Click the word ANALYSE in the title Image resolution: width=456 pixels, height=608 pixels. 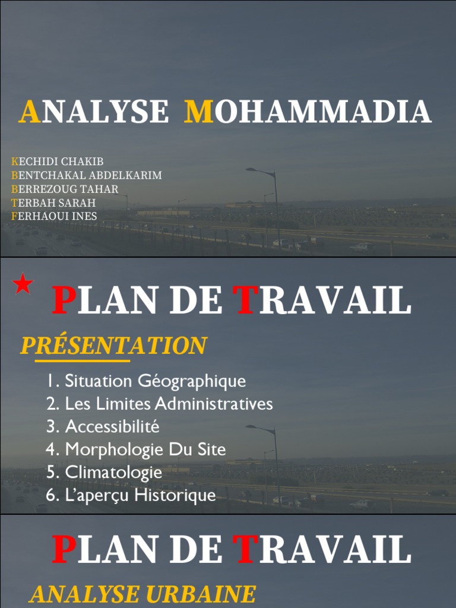(x=94, y=112)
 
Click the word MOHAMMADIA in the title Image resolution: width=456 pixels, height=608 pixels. (x=308, y=112)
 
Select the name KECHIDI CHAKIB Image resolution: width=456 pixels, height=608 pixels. (x=57, y=161)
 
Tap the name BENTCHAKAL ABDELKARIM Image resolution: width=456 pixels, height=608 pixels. (x=86, y=175)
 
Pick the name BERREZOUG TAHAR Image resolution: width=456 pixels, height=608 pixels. (x=65, y=189)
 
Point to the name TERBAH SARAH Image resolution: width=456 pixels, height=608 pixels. (x=53, y=202)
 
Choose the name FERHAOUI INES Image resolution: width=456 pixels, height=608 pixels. (x=53, y=216)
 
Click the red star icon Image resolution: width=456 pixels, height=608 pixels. (x=23, y=284)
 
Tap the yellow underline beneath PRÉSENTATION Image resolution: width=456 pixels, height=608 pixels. (x=82, y=360)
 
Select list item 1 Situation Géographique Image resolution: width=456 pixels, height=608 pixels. (x=146, y=381)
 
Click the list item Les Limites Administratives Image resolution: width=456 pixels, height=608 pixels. (x=160, y=404)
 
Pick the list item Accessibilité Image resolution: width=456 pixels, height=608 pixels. (x=103, y=426)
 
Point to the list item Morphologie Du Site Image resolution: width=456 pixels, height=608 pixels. (x=136, y=449)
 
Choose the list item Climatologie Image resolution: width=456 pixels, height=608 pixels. (x=104, y=473)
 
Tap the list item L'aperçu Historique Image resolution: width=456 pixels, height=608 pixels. (x=131, y=495)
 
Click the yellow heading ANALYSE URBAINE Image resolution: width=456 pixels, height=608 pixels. (x=142, y=594)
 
